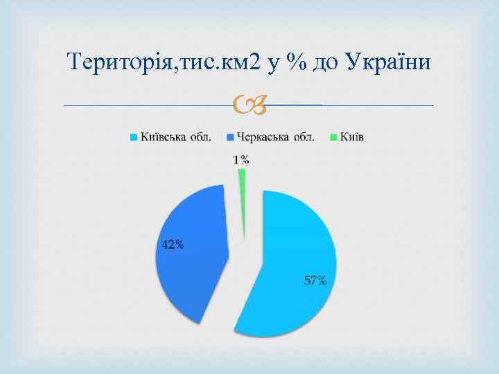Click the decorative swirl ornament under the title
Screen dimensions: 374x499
249,106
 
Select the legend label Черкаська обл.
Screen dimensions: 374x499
275,136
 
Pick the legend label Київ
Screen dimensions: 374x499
353,136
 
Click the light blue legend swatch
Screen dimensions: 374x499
133,136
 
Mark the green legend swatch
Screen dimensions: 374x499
333,136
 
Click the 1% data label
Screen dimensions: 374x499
241,160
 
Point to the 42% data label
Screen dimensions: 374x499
173,244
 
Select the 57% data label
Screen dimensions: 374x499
315,280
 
